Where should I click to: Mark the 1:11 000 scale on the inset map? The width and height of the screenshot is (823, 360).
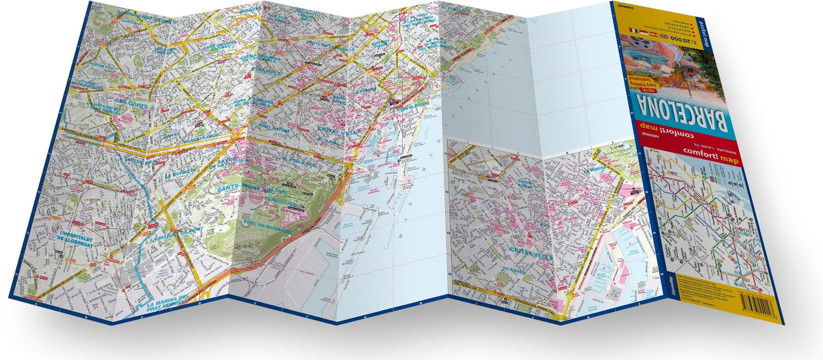(617, 144)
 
